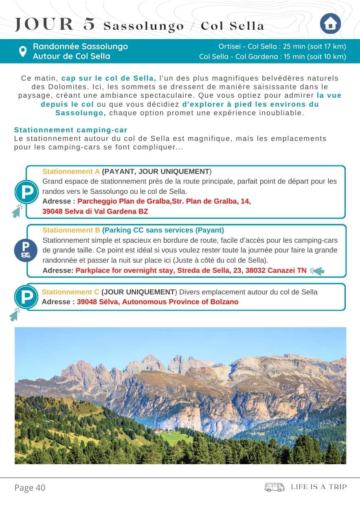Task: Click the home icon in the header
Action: point(330,24)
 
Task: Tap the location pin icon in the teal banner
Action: point(23,51)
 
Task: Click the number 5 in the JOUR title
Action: point(88,25)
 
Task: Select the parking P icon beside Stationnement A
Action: point(26,192)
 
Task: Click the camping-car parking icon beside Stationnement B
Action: point(26,250)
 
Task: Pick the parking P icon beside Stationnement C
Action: point(26,297)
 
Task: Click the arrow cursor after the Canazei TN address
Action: point(317,271)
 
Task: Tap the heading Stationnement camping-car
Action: point(70,130)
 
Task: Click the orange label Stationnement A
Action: point(71,171)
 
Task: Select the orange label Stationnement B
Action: point(71,230)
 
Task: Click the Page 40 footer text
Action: point(30,487)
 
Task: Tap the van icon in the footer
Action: point(274,487)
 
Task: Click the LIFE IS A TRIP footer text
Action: point(318,487)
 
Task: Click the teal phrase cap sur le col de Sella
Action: point(109,78)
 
